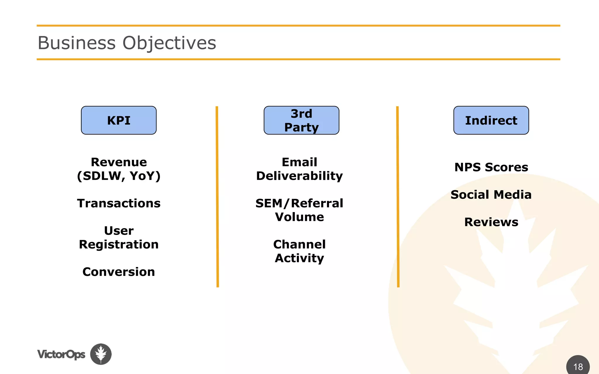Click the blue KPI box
[119, 120]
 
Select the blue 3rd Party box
[301, 120]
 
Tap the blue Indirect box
[491, 120]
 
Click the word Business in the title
[77, 43]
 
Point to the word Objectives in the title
[169, 43]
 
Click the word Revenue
[119, 162]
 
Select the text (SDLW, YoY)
[119, 176]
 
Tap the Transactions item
[119, 203]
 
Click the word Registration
[119, 245]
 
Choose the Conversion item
[119, 272]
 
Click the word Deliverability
[299, 176]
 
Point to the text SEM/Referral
[299, 203]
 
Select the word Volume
[299, 217]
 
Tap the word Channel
[299, 245]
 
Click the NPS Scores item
[491, 167]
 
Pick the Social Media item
[491, 195]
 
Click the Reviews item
[491, 222]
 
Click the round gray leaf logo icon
[101, 354]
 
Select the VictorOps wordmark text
[61, 354]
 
